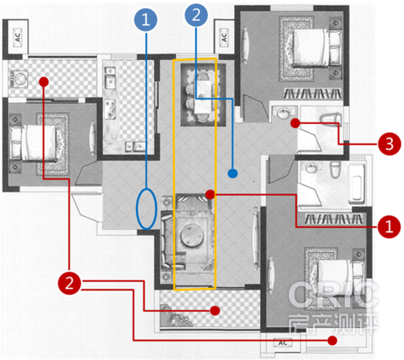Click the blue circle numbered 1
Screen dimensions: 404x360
[146, 20]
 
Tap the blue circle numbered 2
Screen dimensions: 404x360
[196, 15]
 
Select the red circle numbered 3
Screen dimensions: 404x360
[390, 144]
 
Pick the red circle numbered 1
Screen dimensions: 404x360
[389, 226]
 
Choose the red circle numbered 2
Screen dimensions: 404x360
[70, 283]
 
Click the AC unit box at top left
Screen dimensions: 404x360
[18, 38]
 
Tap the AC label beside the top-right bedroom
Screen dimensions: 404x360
[224, 38]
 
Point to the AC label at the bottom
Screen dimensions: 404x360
[283, 342]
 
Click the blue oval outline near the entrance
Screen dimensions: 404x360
[137, 209]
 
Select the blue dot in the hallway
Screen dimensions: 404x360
[233, 174]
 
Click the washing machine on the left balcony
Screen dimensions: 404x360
[19, 79]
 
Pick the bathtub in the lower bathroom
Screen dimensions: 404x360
[357, 182]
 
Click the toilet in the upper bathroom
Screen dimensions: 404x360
[330, 118]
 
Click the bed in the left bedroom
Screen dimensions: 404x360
[34, 143]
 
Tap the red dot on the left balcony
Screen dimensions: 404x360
[43, 82]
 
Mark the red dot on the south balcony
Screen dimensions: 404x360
[215, 310]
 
